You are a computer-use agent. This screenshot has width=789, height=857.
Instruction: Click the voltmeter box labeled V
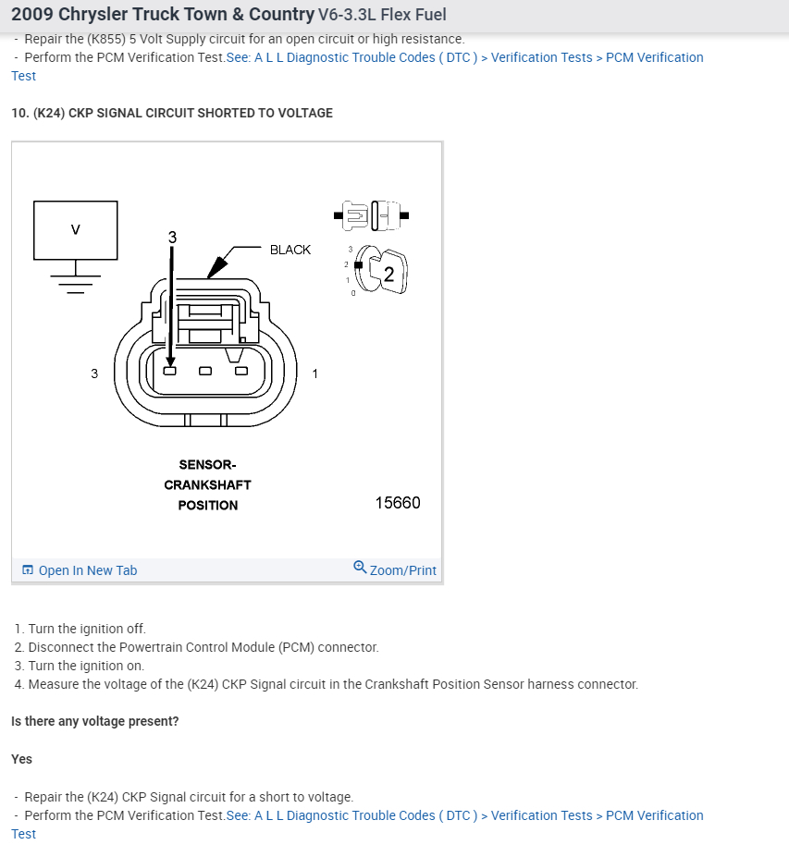click(76, 229)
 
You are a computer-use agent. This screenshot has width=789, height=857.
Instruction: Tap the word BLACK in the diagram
click(290, 250)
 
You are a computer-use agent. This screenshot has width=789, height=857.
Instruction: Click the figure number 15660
click(398, 503)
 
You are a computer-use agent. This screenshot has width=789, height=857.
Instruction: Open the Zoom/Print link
click(395, 569)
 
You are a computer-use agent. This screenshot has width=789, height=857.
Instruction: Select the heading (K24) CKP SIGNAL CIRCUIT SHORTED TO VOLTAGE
click(172, 113)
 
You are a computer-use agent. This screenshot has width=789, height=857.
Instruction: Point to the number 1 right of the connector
click(315, 373)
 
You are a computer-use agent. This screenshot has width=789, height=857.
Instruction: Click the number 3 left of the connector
click(94, 373)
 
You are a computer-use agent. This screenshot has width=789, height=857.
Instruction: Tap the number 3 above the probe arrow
click(171, 238)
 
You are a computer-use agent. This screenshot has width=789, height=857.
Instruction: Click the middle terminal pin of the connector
click(205, 372)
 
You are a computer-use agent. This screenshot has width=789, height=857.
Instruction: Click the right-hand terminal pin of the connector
click(241, 372)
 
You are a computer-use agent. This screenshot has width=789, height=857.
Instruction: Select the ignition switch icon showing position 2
click(381, 272)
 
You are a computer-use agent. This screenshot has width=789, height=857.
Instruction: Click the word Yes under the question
click(22, 759)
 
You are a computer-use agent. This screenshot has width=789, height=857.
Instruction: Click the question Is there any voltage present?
click(95, 721)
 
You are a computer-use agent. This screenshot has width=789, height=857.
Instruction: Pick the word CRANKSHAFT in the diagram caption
click(208, 484)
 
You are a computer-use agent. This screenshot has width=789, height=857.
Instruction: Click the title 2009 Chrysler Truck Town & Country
click(162, 16)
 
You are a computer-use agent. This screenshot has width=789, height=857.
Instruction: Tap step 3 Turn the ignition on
click(80, 666)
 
